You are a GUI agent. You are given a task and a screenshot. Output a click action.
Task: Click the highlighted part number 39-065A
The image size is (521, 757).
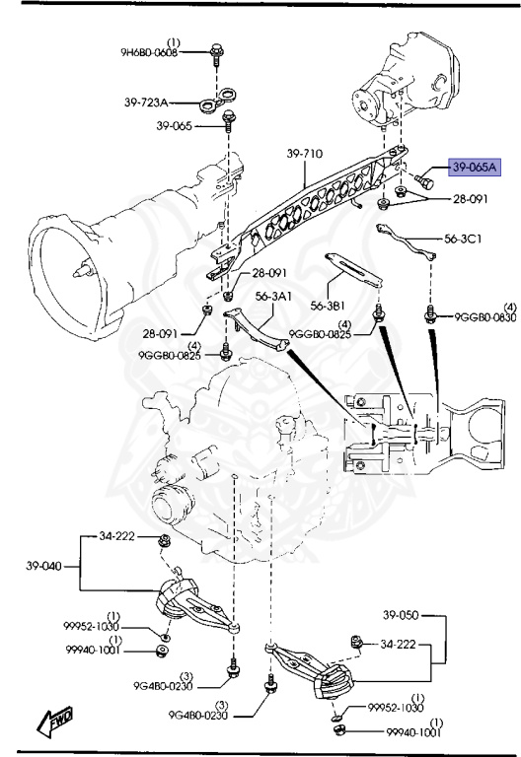click(476, 168)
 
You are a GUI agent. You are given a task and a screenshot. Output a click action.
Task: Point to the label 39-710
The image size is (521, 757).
click(307, 155)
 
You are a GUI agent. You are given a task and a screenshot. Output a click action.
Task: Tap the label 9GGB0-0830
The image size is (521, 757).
click(484, 316)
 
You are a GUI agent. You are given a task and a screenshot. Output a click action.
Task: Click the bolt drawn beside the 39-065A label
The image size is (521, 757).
click(431, 181)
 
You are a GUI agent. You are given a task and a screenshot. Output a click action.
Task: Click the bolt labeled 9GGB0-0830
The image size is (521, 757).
click(430, 315)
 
